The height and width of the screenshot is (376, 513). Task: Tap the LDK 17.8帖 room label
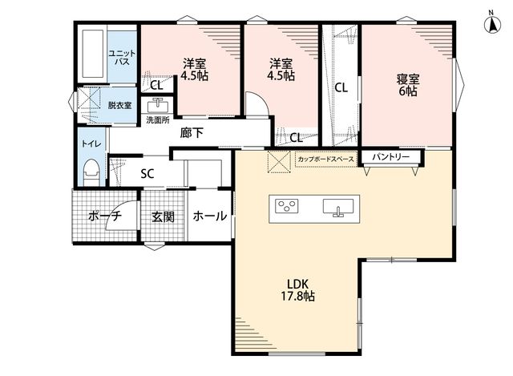298,290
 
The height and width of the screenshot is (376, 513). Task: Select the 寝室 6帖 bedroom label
408,85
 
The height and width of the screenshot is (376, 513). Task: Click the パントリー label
390,157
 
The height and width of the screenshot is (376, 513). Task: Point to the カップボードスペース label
326,160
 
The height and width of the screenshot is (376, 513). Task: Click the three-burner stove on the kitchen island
287,206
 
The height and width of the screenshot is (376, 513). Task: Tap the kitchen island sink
338,208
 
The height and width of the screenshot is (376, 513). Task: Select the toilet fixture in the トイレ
91,173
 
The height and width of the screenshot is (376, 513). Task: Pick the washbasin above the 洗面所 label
158,106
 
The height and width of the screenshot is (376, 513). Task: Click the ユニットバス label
122,57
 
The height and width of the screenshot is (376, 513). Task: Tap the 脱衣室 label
119,105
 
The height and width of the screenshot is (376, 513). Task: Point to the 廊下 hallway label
192,133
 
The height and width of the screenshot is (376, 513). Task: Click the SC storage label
147,173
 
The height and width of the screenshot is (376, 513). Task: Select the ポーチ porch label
105,216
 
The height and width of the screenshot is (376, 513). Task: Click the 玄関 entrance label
163,216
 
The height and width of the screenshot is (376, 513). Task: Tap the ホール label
210,216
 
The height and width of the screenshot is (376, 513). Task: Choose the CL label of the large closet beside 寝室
341,87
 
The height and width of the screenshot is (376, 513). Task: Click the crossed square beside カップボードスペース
279,161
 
